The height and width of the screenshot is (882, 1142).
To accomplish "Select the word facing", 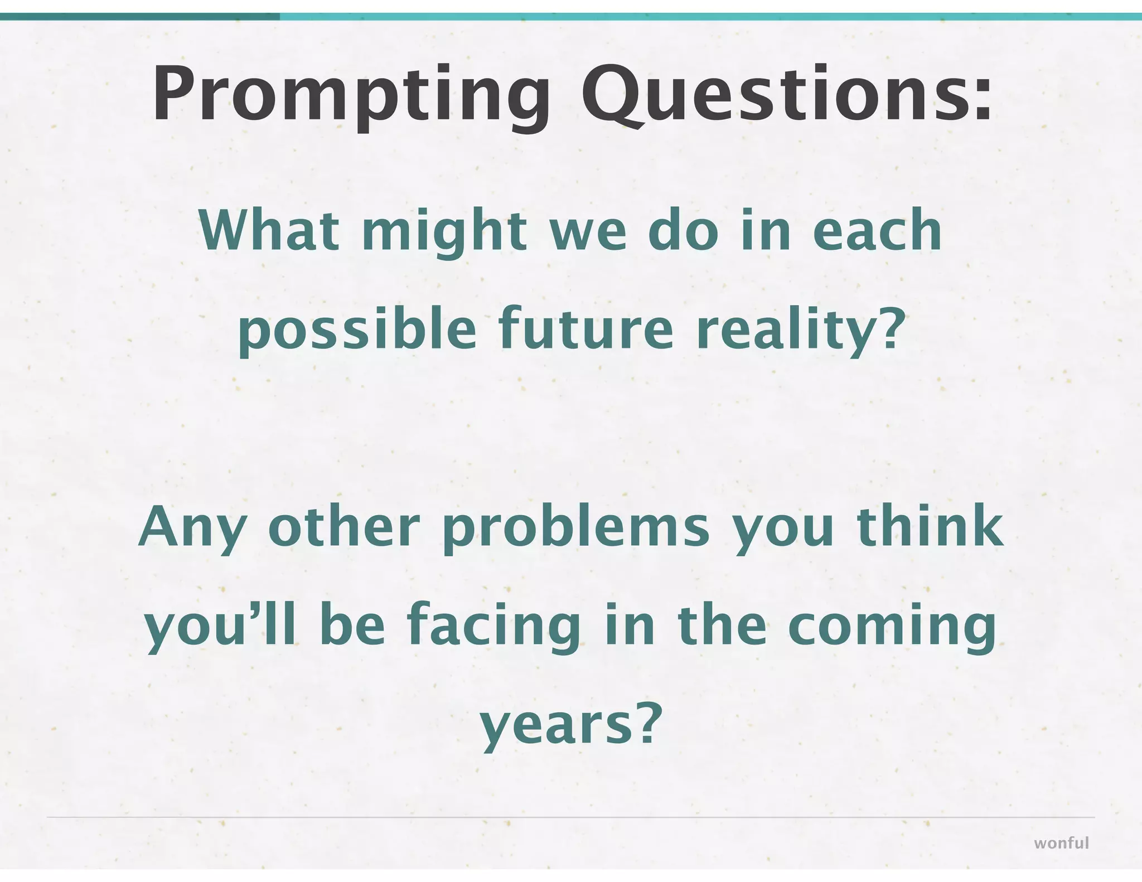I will (494, 627).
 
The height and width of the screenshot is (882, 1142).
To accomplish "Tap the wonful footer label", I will (1061, 842).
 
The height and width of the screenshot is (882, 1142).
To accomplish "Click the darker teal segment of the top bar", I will (139, 17).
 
